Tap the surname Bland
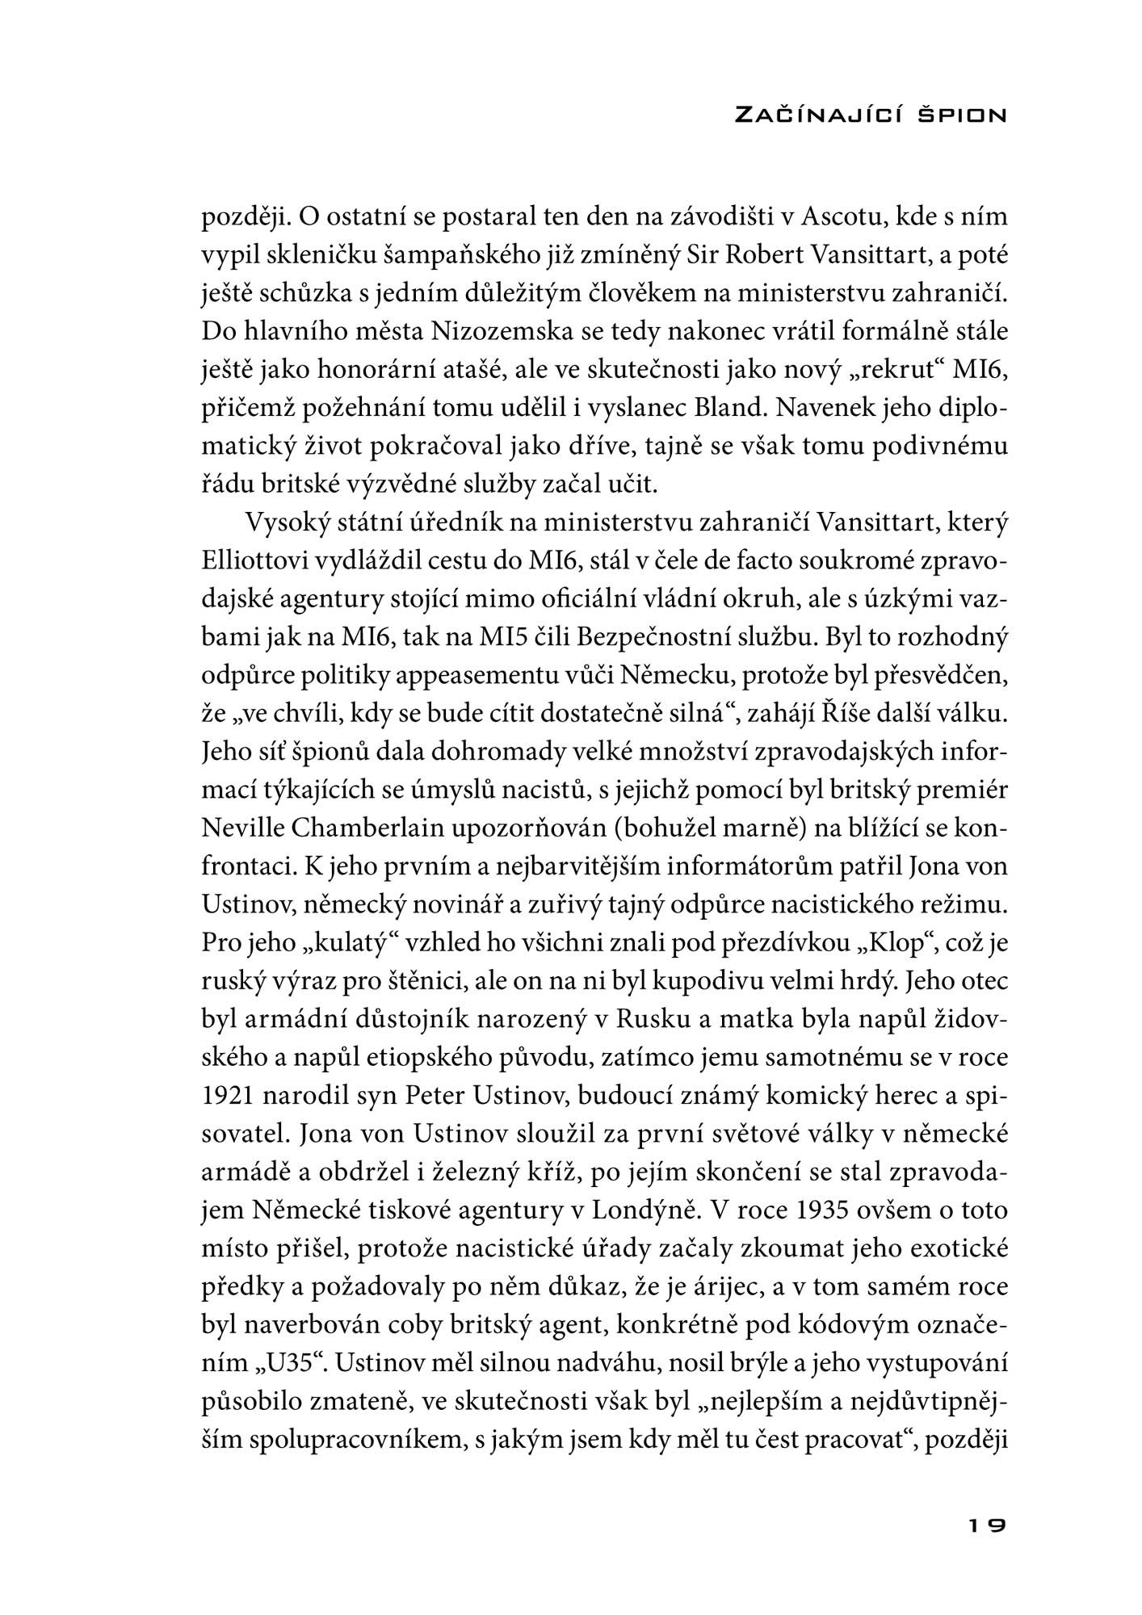729,407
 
